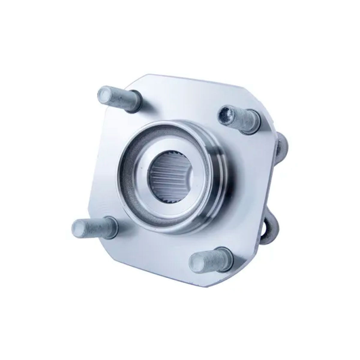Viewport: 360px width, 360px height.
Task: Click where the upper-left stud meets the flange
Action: [133, 102]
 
